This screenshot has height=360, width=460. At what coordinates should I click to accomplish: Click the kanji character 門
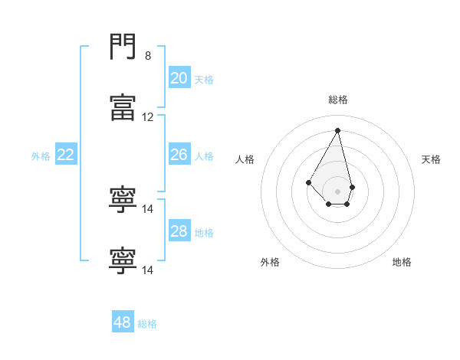point(123,48)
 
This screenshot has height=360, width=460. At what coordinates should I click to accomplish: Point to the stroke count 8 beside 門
point(148,56)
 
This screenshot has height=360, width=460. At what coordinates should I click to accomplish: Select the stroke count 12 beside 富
point(148,117)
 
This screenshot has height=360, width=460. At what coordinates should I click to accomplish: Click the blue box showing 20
point(179,77)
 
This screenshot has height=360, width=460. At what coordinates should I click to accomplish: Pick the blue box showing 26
point(179,155)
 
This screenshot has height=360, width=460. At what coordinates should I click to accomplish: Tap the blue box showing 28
point(179,231)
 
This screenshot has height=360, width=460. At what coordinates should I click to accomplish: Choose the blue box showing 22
point(65,155)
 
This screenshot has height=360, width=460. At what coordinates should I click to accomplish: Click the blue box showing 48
point(122,322)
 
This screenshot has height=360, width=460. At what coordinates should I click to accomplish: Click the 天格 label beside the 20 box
point(203,79)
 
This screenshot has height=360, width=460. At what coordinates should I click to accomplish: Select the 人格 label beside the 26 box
point(204,156)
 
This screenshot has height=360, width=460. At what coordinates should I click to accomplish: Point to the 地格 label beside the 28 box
point(204,233)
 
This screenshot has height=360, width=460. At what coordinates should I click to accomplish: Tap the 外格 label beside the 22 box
point(41,156)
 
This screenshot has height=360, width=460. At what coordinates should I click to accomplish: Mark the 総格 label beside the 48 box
point(147,324)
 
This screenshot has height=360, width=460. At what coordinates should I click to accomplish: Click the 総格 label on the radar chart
point(337,100)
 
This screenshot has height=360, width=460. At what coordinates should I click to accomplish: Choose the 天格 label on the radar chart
point(431,159)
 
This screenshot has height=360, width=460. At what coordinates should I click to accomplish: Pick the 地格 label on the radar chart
point(402,262)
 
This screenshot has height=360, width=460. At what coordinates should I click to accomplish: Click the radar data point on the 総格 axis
point(337,130)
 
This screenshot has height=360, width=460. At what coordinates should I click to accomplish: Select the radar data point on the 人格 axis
point(308,182)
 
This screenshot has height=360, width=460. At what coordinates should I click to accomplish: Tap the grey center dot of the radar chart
point(337,191)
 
